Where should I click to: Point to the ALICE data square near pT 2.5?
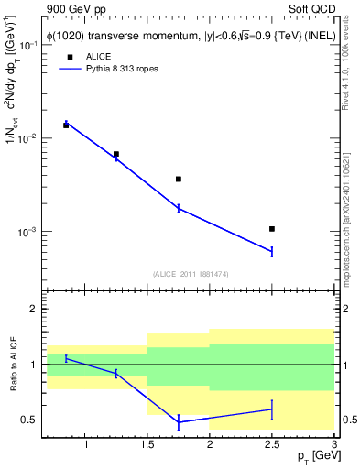pyautogui.click(x=272, y=228)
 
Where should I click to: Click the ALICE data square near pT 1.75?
pyautogui.click(x=179, y=179)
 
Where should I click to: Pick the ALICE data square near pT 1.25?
pyautogui.click(x=116, y=154)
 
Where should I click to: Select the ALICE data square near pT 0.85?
pyautogui.click(x=66, y=125)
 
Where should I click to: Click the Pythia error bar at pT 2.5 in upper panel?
pyautogui.click(x=272, y=251)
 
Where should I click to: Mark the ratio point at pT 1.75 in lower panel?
pyautogui.click(x=179, y=422)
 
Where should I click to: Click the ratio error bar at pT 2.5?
pyautogui.click(x=272, y=409)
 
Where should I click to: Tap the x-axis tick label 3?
pyautogui.click(x=333, y=445)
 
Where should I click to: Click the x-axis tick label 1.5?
pyautogui.click(x=147, y=445)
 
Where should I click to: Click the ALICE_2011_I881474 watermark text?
pyautogui.click(x=191, y=273)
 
